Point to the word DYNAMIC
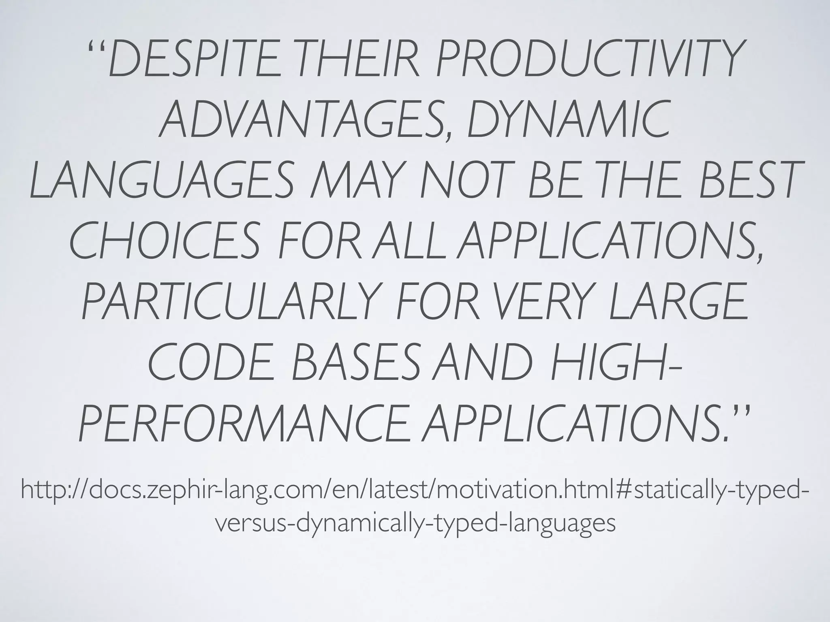tap(567, 121)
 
